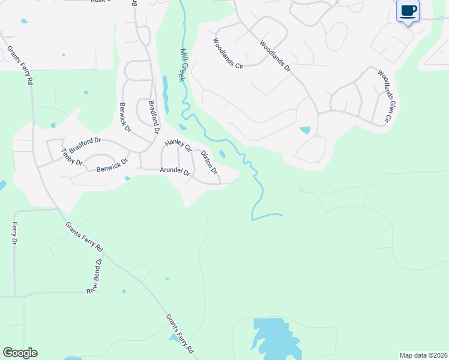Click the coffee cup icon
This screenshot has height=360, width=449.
408,11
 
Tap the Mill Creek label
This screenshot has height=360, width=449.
182,65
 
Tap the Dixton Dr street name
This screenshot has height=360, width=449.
209,163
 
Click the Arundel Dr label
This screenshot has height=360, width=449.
175,172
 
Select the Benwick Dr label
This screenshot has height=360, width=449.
112,166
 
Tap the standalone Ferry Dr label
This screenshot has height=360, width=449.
15,233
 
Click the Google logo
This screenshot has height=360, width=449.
20,353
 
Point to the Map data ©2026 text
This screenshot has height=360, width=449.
423,355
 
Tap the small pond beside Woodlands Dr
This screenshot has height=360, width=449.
306,130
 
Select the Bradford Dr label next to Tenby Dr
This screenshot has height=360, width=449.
85,145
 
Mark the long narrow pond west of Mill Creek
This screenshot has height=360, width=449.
165,94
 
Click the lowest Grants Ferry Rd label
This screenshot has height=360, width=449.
180,333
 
